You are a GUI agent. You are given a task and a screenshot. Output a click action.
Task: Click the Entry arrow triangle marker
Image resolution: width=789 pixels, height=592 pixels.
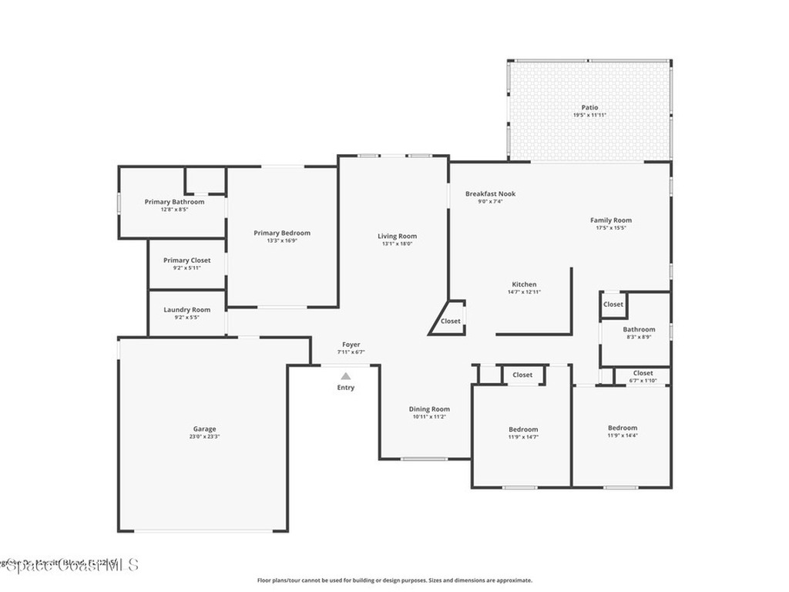point(346,376)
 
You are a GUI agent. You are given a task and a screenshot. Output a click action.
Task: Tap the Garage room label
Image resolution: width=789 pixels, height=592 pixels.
point(204,429)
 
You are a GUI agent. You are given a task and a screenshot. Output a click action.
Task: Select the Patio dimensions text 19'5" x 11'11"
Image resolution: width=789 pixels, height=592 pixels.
point(589,116)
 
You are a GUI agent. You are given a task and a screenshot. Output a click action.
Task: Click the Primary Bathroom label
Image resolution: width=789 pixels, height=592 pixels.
point(174,202)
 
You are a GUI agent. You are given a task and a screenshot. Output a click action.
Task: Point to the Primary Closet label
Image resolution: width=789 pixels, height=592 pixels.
point(186,261)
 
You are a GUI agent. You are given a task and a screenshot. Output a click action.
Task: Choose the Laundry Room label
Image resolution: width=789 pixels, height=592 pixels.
point(186,310)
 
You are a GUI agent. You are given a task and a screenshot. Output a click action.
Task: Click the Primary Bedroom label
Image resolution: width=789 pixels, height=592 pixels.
point(282,233)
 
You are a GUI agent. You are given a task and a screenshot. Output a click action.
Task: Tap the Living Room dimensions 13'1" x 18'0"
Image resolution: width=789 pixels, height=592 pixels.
point(397,244)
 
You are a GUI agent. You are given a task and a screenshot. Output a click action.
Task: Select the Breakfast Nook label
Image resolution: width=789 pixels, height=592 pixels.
point(490,193)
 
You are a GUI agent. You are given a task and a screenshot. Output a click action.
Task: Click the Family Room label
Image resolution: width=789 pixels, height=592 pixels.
point(611,220)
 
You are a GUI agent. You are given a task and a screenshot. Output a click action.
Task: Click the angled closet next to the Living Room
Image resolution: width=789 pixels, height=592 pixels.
point(450,321)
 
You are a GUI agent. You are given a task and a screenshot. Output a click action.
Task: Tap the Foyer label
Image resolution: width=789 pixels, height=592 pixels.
point(351,345)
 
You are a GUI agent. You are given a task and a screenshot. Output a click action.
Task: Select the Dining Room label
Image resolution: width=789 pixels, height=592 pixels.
point(429,409)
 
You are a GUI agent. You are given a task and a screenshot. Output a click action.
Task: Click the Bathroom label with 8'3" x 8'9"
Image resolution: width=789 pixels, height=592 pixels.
point(639,329)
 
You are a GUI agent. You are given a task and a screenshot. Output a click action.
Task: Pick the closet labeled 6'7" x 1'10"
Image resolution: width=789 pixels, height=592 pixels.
point(643,376)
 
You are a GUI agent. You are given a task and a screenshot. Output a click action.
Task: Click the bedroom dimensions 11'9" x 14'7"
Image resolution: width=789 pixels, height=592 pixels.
point(523,437)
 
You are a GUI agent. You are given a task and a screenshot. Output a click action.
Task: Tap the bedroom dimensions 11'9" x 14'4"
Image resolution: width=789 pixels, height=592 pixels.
point(623,436)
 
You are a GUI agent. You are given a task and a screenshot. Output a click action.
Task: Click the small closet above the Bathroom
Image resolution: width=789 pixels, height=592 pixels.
point(613,304)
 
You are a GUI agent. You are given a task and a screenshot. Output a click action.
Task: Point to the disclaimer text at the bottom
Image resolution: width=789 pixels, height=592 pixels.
point(394,580)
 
